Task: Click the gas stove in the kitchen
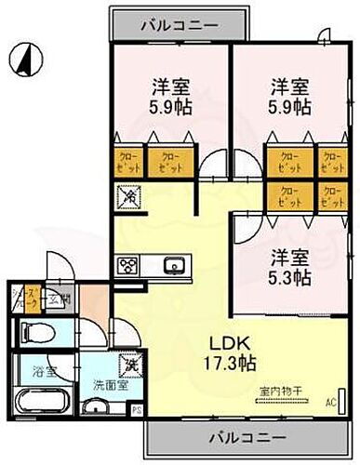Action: (127, 265)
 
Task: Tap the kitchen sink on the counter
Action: (174, 267)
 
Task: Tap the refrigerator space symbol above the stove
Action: (127, 197)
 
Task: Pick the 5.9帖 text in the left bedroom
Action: (171, 107)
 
